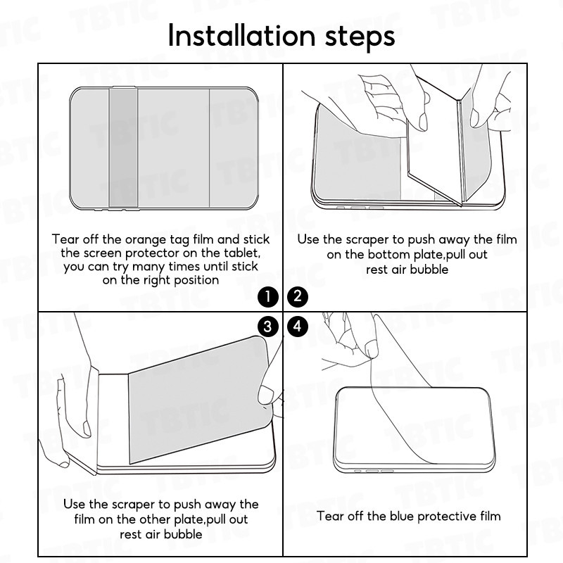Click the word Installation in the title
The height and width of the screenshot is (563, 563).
(x=241, y=35)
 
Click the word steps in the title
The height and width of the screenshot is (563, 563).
(x=360, y=38)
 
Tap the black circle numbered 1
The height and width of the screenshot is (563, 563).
(x=268, y=297)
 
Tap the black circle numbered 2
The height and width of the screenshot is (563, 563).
(x=298, y=296)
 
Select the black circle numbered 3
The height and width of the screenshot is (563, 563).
(x=268, y=327)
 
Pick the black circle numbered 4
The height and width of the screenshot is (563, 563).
(x=298, y=326)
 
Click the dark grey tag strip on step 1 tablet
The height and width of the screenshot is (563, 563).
(x=123, y=148)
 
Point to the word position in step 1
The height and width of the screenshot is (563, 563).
(x=196, y=280)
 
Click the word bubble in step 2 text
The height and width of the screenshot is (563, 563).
(x=429, y=270)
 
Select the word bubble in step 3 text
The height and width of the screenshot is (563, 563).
(x=183, y=534)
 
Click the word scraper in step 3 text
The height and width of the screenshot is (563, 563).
(x=133, y=505)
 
